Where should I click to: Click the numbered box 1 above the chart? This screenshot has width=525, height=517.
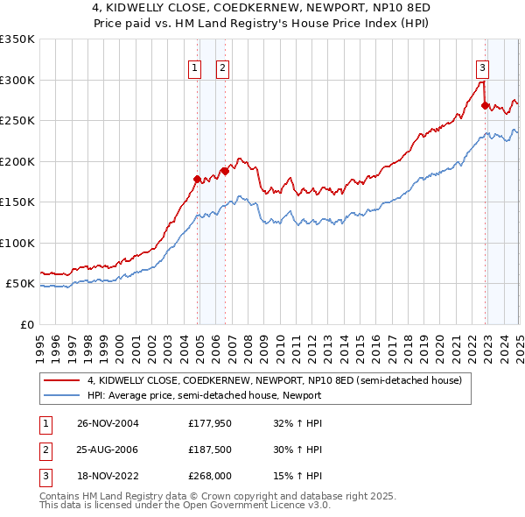pos(193,69)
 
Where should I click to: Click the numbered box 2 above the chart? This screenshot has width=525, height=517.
pos(222,69)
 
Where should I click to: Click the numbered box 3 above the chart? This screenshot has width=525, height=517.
pos(482,69)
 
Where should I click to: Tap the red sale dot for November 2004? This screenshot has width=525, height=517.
pos(197,179)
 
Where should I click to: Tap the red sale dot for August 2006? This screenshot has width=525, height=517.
pos(225,172)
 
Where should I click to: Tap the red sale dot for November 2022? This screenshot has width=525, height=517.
pos(485,106)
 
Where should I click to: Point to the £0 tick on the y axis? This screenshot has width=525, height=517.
pos(26,324)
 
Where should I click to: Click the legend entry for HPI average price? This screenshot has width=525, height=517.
pos(204,395)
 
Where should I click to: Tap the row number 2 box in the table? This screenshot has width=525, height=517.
pos(44,450)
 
